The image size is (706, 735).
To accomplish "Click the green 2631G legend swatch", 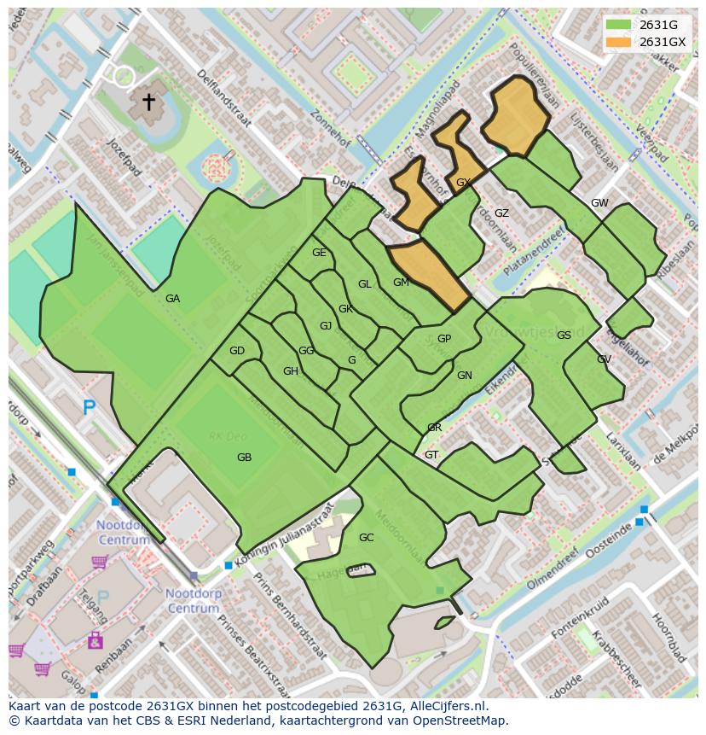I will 618,25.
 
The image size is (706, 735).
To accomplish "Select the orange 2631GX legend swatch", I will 618,42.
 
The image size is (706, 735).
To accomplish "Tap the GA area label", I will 172,299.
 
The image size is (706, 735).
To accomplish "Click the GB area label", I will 244,458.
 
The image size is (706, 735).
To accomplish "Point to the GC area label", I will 366,538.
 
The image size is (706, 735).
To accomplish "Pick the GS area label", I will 564,335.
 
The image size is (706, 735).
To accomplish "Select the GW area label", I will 599,203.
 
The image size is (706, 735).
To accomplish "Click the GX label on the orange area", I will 463,183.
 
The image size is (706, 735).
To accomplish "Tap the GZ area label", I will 501,213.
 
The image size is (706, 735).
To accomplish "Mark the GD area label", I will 236,351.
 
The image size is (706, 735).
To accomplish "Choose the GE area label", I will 319,253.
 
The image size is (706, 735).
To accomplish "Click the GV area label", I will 604,359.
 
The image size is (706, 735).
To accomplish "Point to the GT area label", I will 431,455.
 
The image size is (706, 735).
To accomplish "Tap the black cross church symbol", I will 148,102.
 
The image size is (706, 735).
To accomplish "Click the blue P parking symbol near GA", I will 90,408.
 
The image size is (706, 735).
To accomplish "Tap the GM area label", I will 401,283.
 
